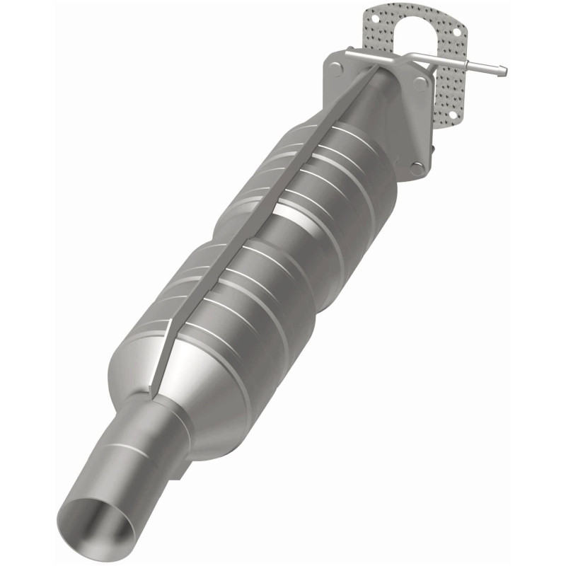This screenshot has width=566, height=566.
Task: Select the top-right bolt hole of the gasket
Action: tap(456, 32)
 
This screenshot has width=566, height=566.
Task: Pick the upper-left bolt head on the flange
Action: tap(336, 67)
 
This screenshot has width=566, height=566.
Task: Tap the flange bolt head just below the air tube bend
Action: tap(421, 83)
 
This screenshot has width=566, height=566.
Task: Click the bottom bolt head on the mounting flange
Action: tap(417, 168)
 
